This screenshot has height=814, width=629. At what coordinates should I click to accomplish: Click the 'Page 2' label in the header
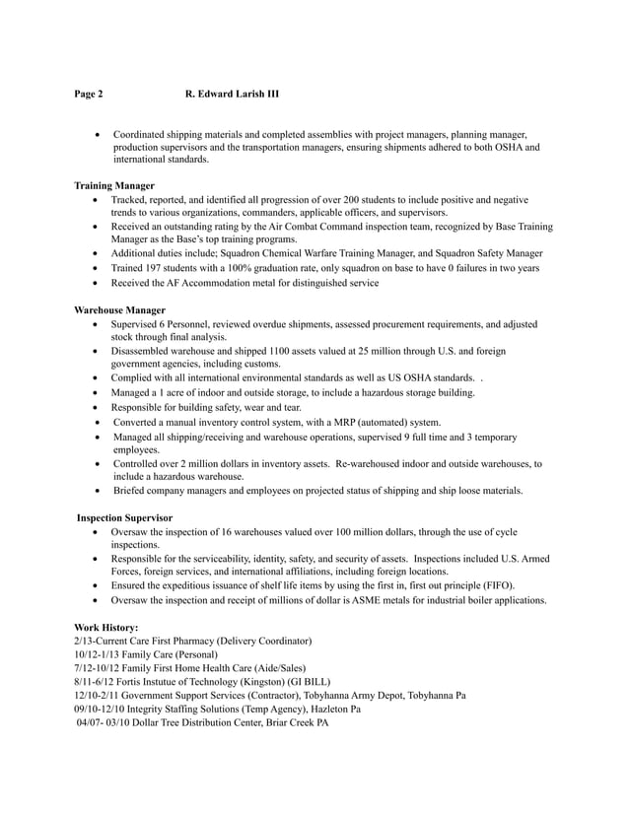point(89,95)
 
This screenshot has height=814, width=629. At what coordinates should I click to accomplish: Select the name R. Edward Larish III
point(232,95)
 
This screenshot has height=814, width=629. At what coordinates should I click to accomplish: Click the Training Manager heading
point(114,185)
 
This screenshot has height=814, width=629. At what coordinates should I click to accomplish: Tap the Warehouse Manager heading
point(119,309)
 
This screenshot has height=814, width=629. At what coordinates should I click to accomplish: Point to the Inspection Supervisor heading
point(124,517)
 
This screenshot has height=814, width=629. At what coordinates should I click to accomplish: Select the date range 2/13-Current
point(105,641)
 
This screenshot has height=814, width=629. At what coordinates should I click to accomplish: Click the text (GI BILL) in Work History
point(309,682)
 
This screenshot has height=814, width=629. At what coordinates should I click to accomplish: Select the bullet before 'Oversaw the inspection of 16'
point(95,531)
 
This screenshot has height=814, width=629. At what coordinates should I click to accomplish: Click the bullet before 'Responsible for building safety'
point(95,407)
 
